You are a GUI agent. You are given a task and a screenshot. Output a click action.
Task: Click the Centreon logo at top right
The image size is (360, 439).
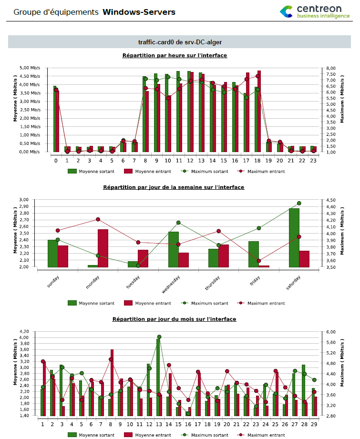click(314, 12)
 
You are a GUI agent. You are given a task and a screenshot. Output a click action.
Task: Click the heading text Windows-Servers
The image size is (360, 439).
click(139, 11)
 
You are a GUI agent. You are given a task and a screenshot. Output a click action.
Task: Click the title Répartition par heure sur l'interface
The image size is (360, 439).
click(175, 55)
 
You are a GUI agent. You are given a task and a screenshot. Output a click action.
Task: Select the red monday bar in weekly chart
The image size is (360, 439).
click(103, 248)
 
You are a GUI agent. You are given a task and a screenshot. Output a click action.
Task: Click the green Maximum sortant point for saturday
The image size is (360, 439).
click(299, 203)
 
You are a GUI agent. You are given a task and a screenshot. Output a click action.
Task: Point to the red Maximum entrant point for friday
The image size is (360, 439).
click(259, 261)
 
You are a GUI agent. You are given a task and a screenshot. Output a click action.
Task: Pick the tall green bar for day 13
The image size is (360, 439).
click(158, 377)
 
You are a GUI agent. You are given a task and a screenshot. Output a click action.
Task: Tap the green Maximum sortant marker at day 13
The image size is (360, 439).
click(159, 337)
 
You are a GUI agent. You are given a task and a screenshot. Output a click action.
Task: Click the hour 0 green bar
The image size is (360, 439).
click(54, 119)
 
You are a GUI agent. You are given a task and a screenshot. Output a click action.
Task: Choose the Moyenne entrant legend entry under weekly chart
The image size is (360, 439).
click(149, 303)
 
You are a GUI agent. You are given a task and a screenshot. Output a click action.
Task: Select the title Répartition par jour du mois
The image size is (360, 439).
click(175, 319)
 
